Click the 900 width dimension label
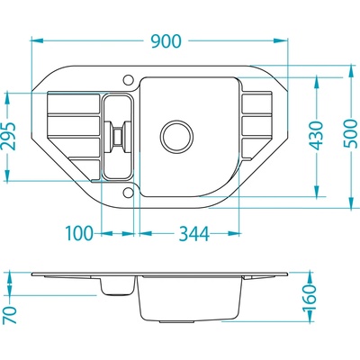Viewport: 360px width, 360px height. point(166,41)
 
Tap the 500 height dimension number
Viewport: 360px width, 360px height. point(351,134)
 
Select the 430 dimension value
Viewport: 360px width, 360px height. point(317,136)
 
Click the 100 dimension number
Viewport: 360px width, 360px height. point(79,233)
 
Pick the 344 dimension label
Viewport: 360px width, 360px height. point(193,234)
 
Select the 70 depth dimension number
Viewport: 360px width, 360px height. point(12,315)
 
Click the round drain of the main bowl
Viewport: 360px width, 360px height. point(176,136)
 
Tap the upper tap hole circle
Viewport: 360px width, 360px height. point(128,80)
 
